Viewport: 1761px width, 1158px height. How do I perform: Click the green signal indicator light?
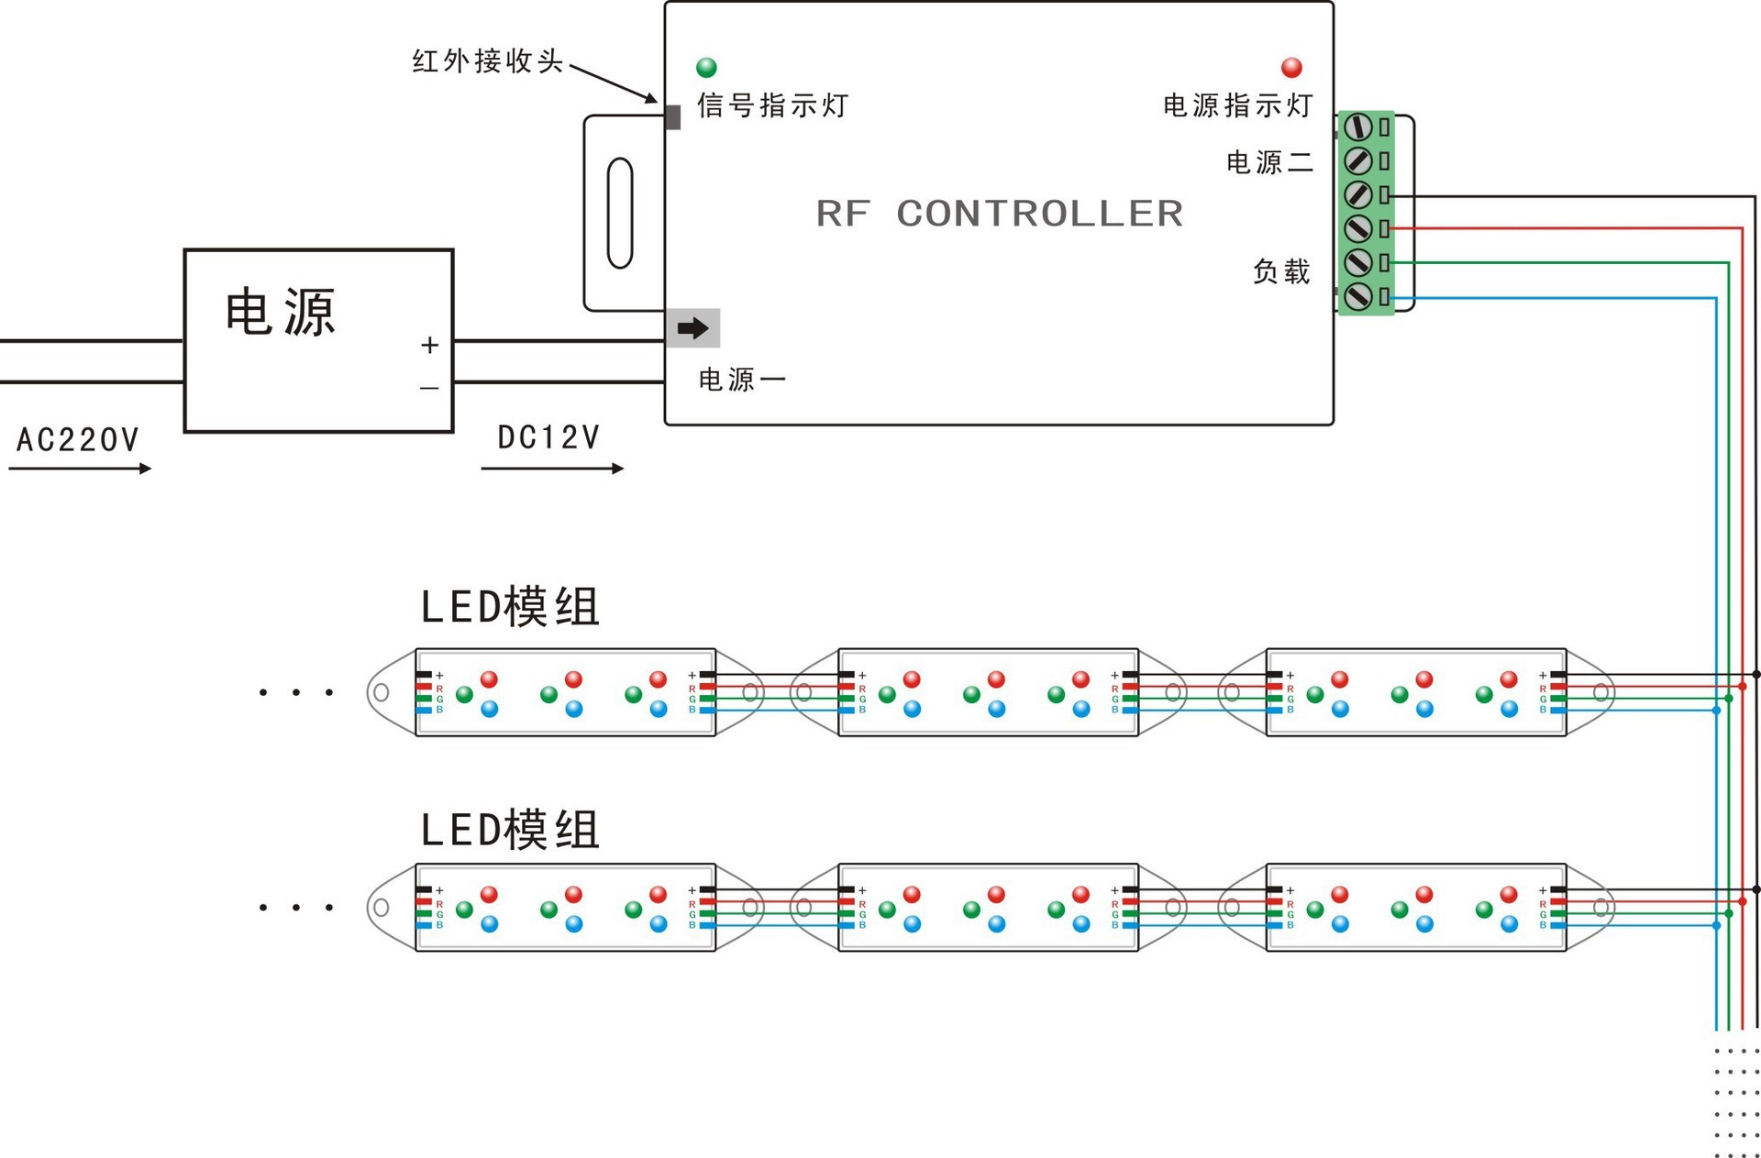tap(706, 67)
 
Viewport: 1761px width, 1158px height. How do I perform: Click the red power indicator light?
tap(1291, 67)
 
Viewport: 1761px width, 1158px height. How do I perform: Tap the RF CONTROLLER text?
tap(1000, 214)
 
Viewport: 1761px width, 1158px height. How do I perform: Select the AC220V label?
tap(78, 440)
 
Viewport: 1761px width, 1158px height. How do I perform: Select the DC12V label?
tap(548, 437)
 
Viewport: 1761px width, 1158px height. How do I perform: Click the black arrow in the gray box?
tap(693, 328)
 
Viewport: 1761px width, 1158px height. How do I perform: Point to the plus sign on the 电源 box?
tap(429, 346)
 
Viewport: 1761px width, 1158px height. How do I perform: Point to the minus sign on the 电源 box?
tap(429, 389)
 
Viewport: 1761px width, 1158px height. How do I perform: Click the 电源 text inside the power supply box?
tap(281, 312)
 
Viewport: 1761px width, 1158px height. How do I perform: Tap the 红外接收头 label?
tap(488, 61)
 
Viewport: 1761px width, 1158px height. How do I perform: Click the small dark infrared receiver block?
tap(672, 117)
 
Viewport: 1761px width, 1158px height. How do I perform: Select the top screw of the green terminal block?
tap(1358, 127)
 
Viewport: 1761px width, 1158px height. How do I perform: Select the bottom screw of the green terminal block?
tap(1358, 296)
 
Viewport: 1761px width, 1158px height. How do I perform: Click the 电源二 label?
tap(1270, 162)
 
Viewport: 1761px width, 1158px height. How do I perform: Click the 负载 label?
tap(1281, 271)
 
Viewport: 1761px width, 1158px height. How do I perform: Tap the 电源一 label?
tap(742, 380)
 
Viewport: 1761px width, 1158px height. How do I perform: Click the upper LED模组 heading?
tap(510, 607)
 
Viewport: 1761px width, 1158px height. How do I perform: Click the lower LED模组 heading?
tap(510, 830)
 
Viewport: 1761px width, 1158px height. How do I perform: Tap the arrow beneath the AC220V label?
tap(80, 469)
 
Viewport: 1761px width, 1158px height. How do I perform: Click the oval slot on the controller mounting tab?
tap(620, 213)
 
